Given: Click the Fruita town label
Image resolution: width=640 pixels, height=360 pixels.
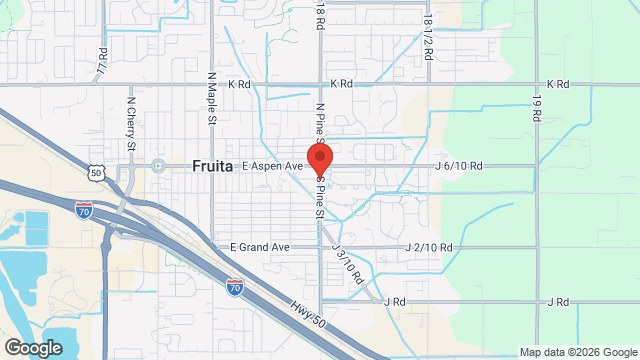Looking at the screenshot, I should (212, 167).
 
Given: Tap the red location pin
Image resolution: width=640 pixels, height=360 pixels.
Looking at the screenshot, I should (320, 158).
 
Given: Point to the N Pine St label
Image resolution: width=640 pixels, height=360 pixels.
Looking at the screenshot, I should (320, 121).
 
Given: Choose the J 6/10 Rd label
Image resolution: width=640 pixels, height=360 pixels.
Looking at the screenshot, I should (459, 166).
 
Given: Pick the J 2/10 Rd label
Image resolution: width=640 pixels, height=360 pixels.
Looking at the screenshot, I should (430, 247).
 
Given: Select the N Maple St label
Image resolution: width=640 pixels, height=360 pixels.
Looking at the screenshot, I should (212, 98).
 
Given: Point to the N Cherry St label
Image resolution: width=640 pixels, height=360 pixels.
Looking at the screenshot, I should (131, 118).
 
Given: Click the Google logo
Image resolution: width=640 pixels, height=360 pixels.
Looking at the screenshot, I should (33, 348).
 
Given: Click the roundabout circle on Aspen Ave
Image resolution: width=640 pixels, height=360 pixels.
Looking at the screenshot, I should (158, 166).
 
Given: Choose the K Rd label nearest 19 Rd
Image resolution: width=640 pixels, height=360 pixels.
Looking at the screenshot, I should (557, 85).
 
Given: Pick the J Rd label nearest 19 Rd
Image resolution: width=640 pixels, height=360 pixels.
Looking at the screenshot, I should (558, 301).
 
